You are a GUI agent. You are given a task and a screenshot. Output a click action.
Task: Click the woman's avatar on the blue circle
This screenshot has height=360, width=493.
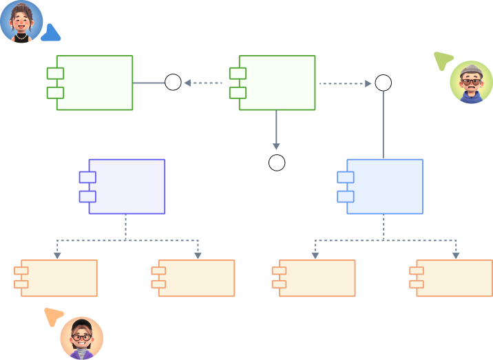(21, 21)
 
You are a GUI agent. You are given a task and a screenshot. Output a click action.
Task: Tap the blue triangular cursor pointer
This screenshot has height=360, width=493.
(50, 34)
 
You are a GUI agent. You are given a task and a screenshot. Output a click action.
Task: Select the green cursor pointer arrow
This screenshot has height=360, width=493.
(441, 61)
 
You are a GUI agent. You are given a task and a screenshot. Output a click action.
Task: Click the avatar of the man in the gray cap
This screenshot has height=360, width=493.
(471, 83)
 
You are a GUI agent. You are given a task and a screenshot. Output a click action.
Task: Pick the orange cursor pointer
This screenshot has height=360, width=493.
(53, 317)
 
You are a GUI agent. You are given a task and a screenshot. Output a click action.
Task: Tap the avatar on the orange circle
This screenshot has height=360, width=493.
(81, 338)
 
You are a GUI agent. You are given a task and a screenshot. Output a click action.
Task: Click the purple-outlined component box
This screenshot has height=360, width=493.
(127, 187)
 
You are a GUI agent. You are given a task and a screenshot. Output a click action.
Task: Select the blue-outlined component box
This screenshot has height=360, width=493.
(384, 187)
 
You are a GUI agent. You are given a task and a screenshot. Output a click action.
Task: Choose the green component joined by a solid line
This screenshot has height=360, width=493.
(94, 83)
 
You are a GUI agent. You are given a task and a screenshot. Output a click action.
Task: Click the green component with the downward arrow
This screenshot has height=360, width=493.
(276, 83)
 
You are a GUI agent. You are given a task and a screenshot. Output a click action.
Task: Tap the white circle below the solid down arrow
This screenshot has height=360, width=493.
(277, 163)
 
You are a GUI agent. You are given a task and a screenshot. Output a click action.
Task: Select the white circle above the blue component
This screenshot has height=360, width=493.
(383, 83)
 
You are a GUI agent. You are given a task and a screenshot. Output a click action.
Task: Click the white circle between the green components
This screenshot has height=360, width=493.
(173, 83)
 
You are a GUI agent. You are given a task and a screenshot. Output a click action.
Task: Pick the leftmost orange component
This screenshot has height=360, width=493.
(59, 278)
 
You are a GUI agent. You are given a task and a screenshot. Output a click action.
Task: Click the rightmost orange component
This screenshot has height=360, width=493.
(454, 278)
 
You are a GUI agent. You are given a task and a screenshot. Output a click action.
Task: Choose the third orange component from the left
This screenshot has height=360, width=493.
(317, 278)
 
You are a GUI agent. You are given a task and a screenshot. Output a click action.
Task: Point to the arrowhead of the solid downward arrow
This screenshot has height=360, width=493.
(276, 146)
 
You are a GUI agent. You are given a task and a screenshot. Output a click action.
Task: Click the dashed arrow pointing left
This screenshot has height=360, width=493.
(203, 83)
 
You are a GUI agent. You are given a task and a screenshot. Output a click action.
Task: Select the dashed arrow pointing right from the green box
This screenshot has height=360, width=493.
(345, 83)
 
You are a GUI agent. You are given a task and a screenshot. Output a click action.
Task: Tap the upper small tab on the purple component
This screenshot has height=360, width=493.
(87, 178)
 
